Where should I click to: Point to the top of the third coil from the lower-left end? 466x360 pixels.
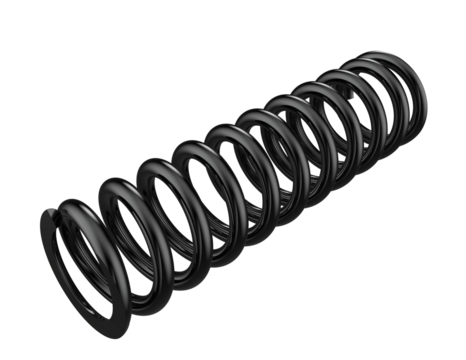[x=155, y=160]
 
